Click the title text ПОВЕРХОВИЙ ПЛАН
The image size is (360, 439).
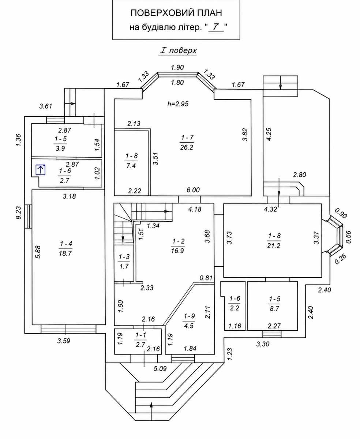[x=176, y=13]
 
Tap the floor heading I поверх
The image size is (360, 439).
[x=177, y=50]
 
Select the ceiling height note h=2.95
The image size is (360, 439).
[x=178, y=104]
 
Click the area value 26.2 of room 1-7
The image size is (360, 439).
[x=187, y=147]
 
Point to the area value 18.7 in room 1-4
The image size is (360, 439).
[x=65, y=253]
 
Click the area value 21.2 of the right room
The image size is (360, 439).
[x=274, y=245]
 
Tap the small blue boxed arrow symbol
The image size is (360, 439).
[x=41, y=170]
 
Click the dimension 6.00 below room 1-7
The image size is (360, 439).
[x=193, y=190]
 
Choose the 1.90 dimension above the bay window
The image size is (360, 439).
[x=177, y=67]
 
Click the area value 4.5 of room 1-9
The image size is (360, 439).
[x=189, y=326]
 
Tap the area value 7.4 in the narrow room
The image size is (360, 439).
[x=131, y=165]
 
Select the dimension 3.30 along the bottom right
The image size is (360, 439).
[x=263, y=344]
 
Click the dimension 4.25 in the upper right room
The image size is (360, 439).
[x=269, y=135]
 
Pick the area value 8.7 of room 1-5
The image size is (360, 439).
[x=274, y=308]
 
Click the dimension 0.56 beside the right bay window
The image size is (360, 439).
[x=349, y=237]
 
